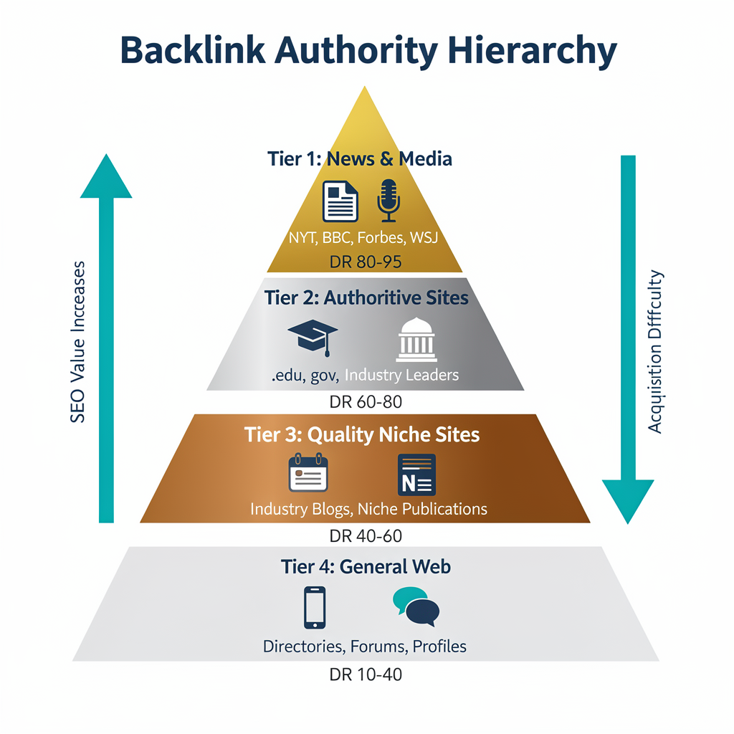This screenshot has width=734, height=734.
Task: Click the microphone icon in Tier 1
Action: (x=388, y=201)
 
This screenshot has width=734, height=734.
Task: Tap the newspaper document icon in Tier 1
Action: (x=340, y=201)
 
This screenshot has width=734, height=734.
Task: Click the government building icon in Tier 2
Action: (x=416, y=339)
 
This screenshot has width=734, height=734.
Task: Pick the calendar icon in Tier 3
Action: (x=308, y=472)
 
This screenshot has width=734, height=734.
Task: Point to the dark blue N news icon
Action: (x=416, y=474)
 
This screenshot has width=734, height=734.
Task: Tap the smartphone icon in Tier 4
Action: (x=315, y=607)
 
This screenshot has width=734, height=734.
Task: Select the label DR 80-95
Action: (x=366, y=262)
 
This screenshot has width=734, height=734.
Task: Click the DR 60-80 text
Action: (x=366, y=401)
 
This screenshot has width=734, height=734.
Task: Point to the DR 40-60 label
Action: (x=366, y=535)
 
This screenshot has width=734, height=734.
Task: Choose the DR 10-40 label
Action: (x=366, y=675)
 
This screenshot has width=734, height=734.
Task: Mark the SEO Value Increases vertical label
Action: (x=77, y=341)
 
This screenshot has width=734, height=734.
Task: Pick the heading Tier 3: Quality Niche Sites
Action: (x=362, y=434)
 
